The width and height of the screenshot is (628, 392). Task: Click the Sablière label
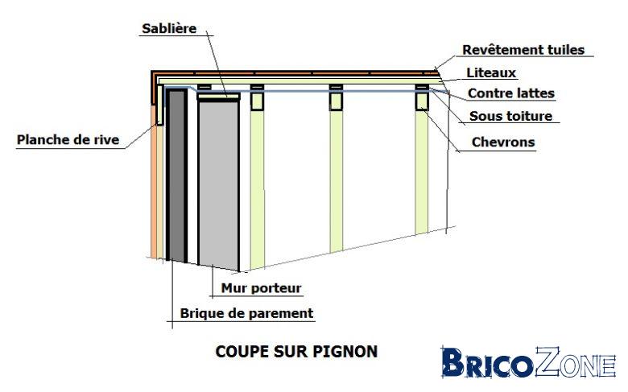tap(169, 28)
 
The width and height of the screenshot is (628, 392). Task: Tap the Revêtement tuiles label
tap(523, 50)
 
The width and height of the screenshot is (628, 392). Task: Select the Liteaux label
tap(491, 72)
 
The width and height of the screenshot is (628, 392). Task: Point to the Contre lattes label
tap(511, 93)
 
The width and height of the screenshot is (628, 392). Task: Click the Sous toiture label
tap(510, 116)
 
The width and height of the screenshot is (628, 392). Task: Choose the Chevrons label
tap(503, 142)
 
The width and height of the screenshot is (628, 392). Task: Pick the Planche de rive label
tap(68, 140)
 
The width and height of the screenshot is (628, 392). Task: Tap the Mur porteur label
tap(261, 288)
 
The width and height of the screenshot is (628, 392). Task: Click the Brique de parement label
tap(246, 313)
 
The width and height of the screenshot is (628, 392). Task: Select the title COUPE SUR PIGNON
tap(296, 352)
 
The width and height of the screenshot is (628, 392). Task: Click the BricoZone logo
tap(528, 363)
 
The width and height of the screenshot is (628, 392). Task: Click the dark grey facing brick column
tap(176, 175)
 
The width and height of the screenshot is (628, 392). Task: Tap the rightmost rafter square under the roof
tap(422, 101)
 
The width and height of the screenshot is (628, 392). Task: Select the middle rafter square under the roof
tap(336, 101)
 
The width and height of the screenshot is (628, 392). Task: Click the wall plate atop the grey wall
tap(219, 97)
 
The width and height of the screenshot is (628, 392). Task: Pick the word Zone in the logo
tap(576, 362)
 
